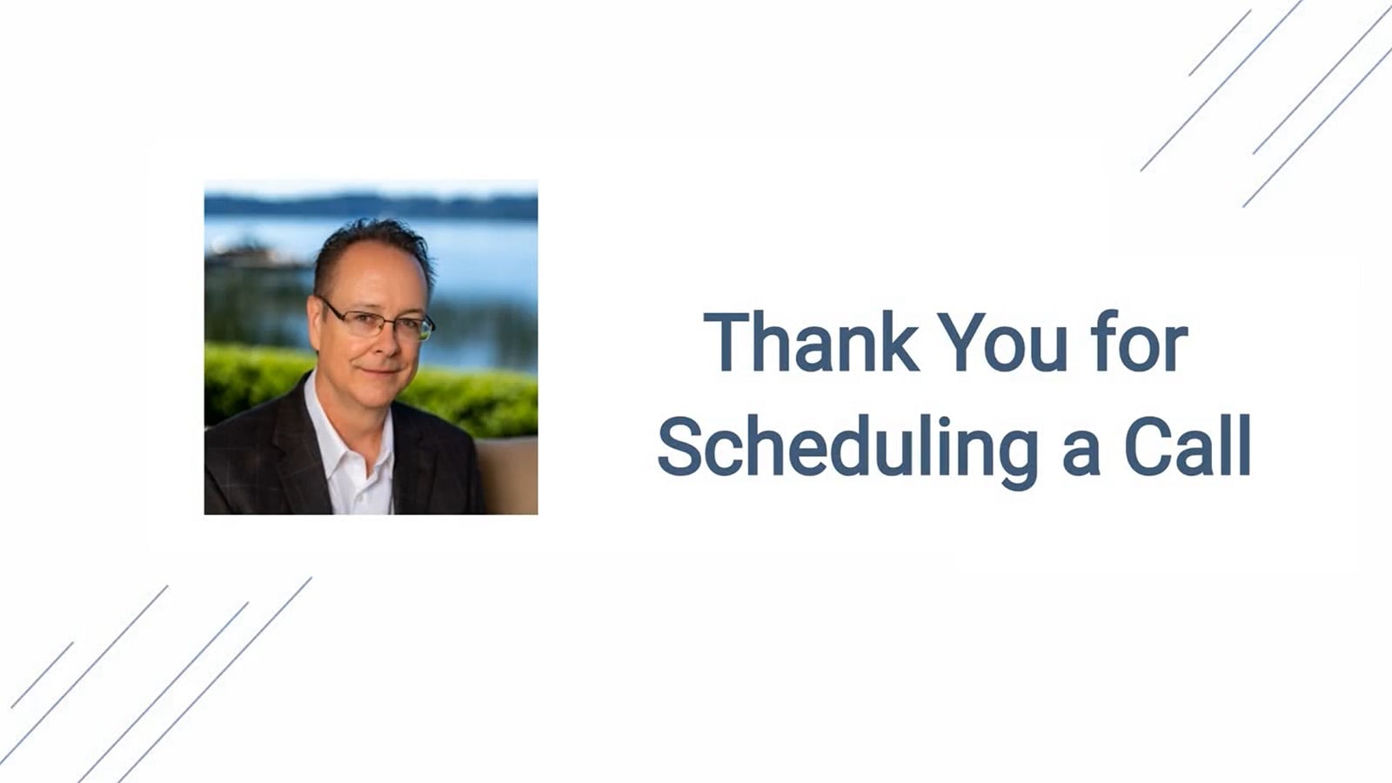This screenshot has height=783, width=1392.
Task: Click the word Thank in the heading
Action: tap(812, 342)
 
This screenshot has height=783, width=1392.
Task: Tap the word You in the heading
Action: tap(1001, 342)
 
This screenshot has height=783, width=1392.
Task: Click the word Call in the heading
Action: tap(1188, 445)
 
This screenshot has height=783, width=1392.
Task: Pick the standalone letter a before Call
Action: tap(1081, 454)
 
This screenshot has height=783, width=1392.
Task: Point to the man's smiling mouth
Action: tap(380, 371)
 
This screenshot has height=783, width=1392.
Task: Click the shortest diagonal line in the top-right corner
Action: tap(1220, 43)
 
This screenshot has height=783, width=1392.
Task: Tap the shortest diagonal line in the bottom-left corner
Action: tap(43, 675)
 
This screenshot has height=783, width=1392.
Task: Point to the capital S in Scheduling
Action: tap(679, 445)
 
